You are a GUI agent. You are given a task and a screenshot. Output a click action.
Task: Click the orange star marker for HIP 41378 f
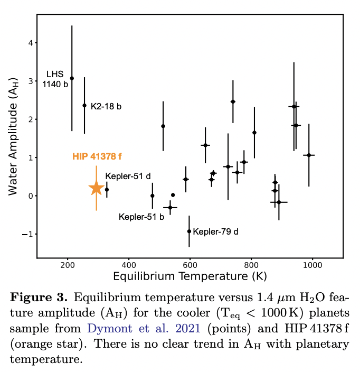(x=96, y=188)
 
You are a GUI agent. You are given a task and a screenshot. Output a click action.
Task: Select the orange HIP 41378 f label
(x=98, y=157)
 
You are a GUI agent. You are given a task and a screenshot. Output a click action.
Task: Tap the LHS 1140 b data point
(x=72, y=78)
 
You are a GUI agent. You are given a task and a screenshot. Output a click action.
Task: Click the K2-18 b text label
(x=106, y=107)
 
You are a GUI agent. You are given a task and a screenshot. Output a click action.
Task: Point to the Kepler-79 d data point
(x=189, y=231)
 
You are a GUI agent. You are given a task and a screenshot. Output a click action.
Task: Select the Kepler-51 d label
(x=128, y=176)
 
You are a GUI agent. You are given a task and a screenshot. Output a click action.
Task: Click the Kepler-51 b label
(x=141, y=217)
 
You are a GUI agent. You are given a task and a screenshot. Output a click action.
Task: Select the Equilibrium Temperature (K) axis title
(x=190, y=277)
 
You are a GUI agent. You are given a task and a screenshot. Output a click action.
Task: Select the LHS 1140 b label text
(x=54, y=79)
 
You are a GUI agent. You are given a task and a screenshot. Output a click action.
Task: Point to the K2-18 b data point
(x=84, y=105)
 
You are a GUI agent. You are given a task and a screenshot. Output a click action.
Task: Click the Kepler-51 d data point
(x=107, y=190)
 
